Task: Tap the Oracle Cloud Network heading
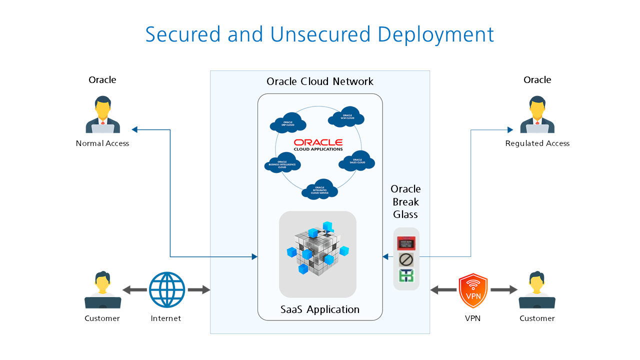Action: coord(320,81)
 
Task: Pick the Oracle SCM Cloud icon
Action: coord(346,116)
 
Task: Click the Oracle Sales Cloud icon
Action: coord(357,161)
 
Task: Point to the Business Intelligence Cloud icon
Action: coord(282,164)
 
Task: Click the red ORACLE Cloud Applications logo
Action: coord(318,144)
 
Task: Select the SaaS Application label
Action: coord(320,309)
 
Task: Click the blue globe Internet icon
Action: coord(166,289)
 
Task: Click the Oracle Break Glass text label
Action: coord(405,202)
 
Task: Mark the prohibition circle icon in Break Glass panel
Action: coord(405,259)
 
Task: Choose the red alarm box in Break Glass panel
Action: coord(405,244)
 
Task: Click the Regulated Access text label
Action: coord(537,143)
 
